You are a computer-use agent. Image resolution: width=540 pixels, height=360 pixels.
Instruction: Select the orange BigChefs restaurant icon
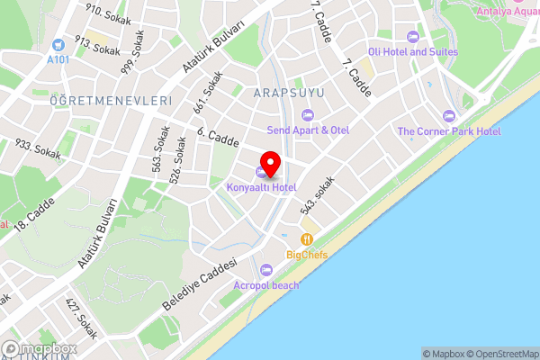point(307,239)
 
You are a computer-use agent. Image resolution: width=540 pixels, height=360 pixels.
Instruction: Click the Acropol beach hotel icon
point(265,270)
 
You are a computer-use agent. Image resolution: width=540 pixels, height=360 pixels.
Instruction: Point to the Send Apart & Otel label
point(308,130)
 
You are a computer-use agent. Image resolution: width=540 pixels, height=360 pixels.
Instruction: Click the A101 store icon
point(58,44)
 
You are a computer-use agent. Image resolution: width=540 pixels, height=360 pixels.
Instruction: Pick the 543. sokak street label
point(318,195)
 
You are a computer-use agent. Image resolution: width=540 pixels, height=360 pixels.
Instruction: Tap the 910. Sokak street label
point(108,13)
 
